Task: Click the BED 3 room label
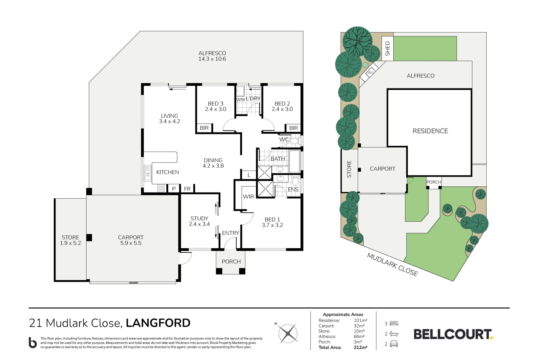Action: pos(216,104)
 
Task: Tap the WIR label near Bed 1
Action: pos(248,197)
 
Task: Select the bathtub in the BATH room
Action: pos(295,161)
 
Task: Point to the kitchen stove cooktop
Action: pos(161,188)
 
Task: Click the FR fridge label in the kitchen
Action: pos(187,189)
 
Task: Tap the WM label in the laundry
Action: pos(240,100)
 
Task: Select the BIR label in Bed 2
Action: pos(293,128)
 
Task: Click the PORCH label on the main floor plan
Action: pos(231,261)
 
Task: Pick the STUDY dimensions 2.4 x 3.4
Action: pos(199,224)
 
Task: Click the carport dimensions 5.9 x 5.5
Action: pos(131,243)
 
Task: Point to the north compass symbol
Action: pos(287,333)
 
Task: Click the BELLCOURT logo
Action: pos(453,334)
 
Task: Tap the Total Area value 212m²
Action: pos(361,347)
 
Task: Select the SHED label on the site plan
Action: pos(387,48)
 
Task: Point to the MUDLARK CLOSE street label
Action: pos(392,264)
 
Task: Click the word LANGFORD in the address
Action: pos(158,323)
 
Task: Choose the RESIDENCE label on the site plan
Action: pos(430,131)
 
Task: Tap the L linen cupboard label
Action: pos(249,175)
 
